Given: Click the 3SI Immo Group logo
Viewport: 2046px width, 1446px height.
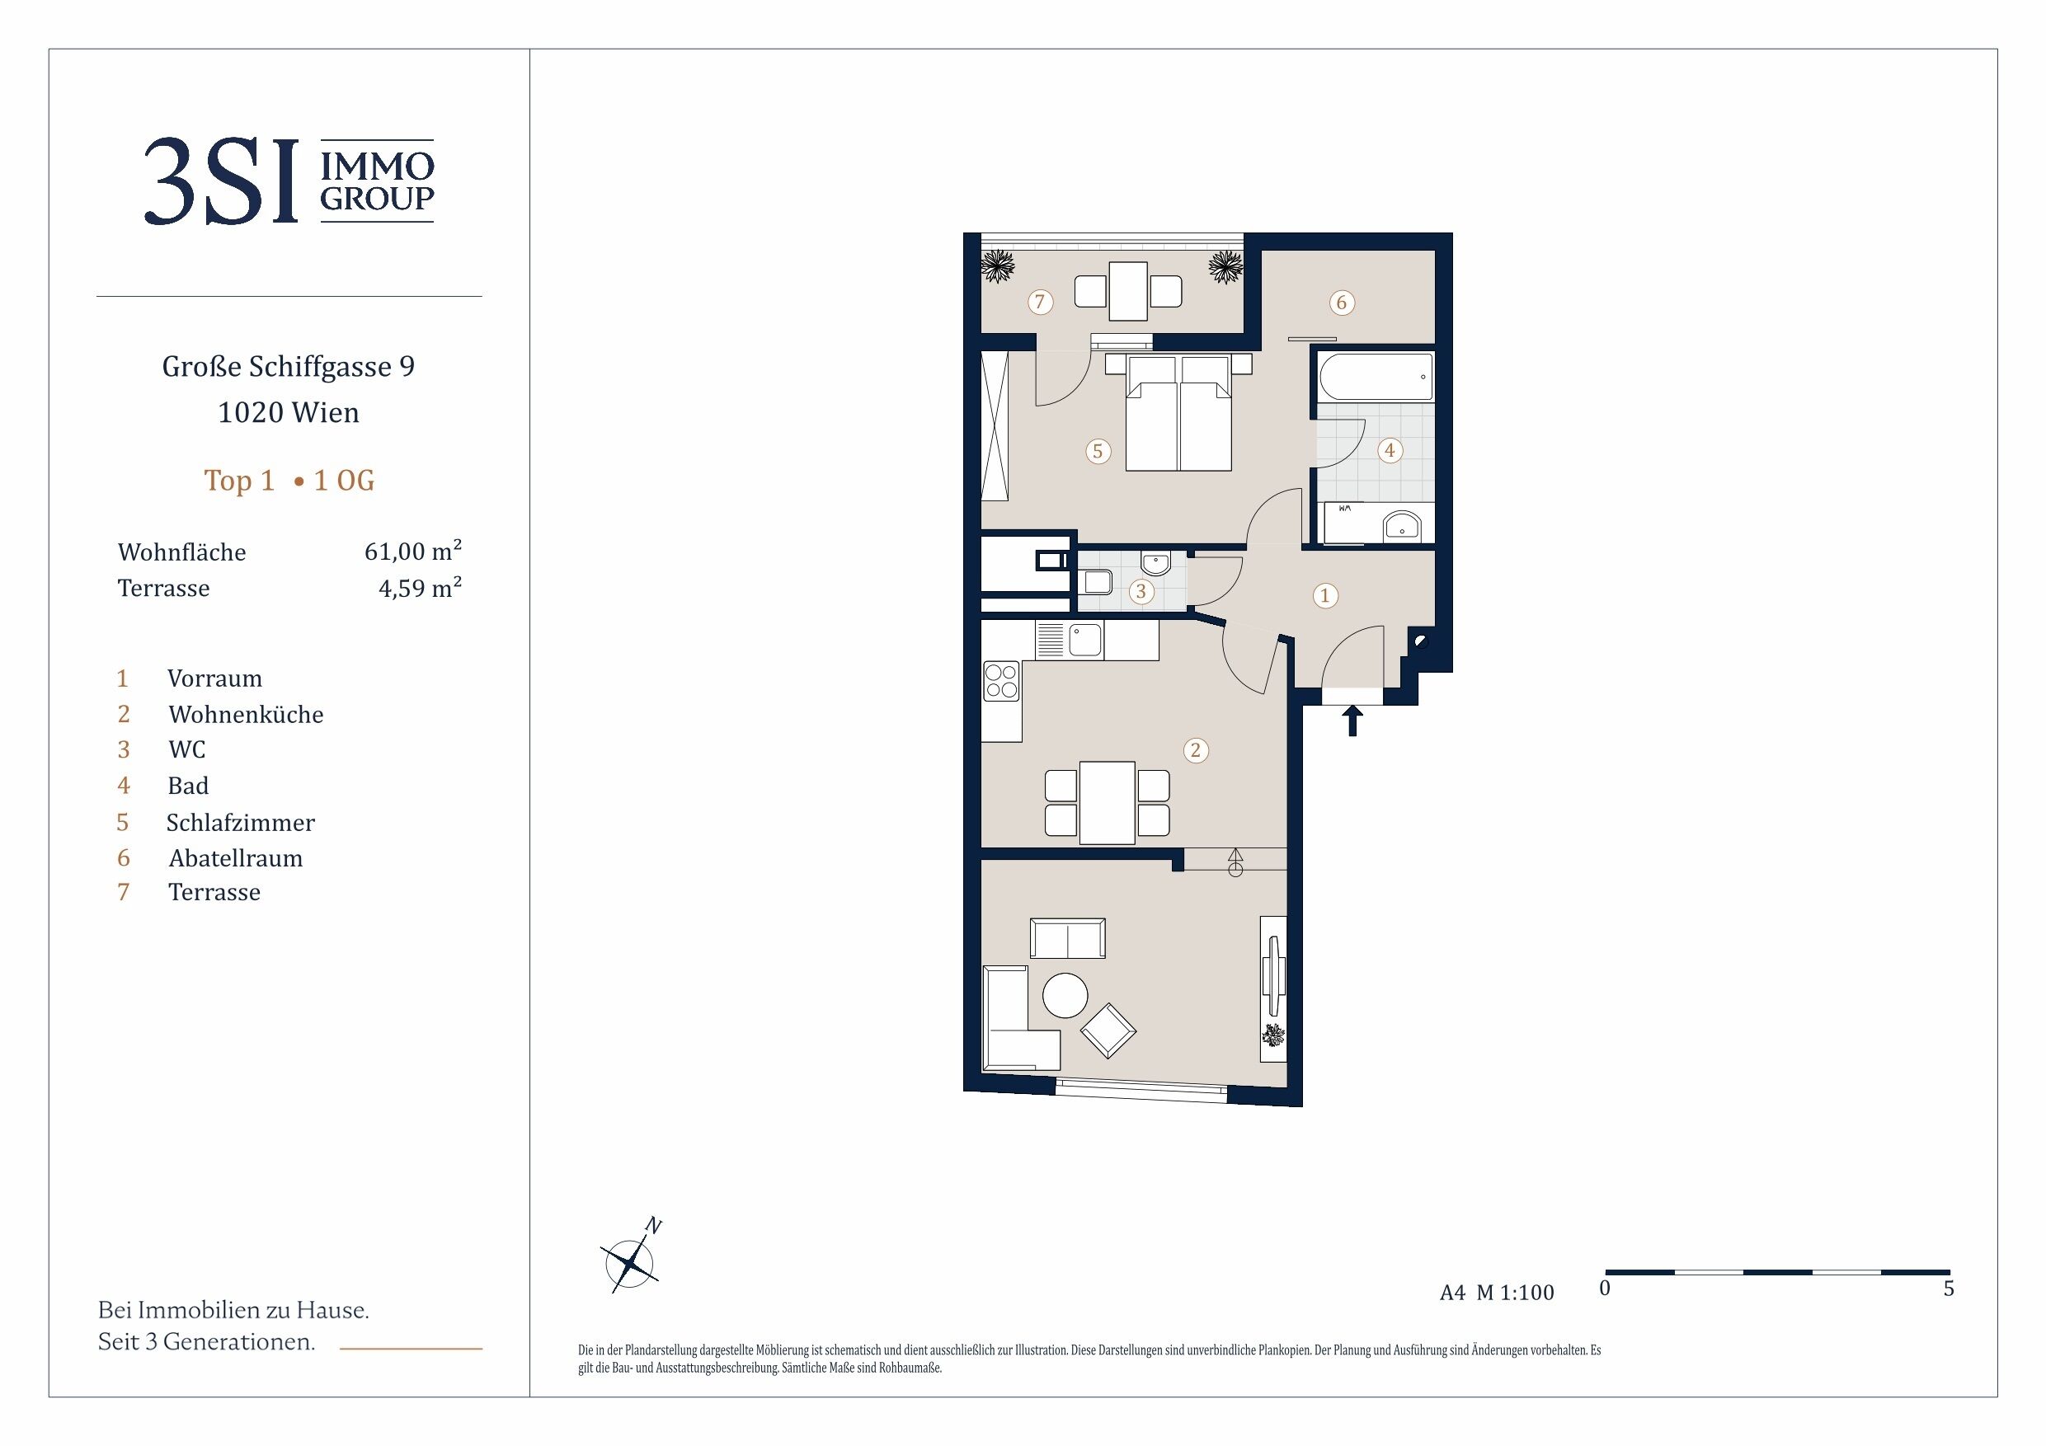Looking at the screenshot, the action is tap(289, 181).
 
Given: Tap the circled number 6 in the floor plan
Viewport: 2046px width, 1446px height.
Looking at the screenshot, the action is tap(1341, 303).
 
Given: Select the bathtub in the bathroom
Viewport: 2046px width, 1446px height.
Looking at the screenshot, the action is tap(1376, 377).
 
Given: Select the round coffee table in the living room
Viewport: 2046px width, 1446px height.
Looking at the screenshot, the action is tap(1065, 994).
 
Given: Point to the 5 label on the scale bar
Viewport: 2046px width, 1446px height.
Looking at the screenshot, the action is tap(1949, 1289).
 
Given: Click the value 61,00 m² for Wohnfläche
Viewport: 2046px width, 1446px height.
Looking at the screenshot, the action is tap(412, 551).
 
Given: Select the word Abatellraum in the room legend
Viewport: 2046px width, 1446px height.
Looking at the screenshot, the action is tap(235, 858).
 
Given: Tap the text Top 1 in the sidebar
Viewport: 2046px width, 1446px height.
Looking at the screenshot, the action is tap(239, 481).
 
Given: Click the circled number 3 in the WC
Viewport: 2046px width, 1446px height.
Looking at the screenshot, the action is tap(1141, 591).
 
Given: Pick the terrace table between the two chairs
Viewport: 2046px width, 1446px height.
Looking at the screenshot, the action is tap(1127, 291).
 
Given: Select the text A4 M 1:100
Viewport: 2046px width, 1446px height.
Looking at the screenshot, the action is tap(1496, 1293).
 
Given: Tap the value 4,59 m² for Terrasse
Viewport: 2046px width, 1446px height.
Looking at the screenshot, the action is tap(420, 587).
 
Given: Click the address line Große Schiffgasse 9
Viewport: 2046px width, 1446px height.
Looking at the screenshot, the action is tap(289, 367).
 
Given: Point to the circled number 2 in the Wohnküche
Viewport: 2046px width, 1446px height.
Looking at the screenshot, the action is tap(1196, 750).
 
